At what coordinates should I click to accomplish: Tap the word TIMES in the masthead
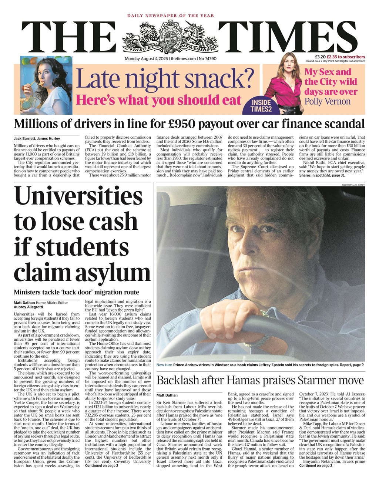click(287, 37)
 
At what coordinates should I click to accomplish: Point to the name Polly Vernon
click(327, 101)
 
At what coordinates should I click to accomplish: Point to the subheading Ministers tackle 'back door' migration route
click(76, 292)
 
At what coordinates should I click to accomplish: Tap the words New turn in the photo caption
click(164, 365)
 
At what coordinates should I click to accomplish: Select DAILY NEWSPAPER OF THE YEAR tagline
click(171, 16)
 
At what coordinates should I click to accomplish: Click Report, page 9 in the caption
click(352, 365)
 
